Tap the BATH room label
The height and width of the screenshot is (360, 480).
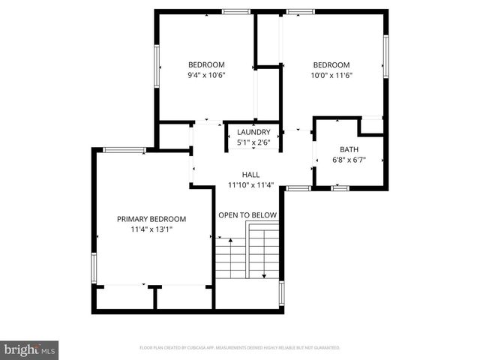tap(349, 149)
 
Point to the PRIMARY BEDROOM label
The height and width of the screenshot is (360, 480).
tap(151, 219)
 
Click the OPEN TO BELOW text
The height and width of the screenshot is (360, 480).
tap(247, 215)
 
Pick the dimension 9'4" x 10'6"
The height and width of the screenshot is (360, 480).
tap(206, 75)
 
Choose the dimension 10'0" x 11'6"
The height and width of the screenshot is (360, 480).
tap(331, 75)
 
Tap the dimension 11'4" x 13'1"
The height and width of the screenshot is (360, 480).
tap(151, 229)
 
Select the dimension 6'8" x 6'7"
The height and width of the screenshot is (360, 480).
tap(349, 160)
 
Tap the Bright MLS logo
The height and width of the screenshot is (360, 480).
tap(30, 349)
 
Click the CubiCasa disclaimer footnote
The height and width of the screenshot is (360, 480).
tap(240, 348)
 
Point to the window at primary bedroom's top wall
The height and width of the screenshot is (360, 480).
tap(124, 150)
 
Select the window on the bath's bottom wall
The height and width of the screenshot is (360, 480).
tap(340, 187)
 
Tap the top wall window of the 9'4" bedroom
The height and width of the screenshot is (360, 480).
tap(235, 11)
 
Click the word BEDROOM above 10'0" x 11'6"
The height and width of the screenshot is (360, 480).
tap(331, 64)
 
